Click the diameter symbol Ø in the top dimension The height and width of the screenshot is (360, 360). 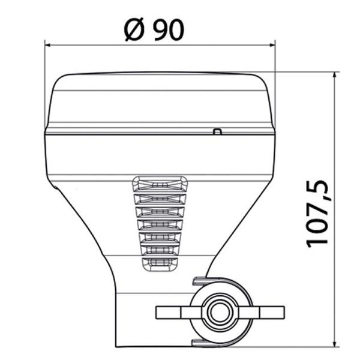(135, 29)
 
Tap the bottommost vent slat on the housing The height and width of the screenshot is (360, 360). (158, 262)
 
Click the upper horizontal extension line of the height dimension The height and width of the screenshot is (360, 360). (300, 72)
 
